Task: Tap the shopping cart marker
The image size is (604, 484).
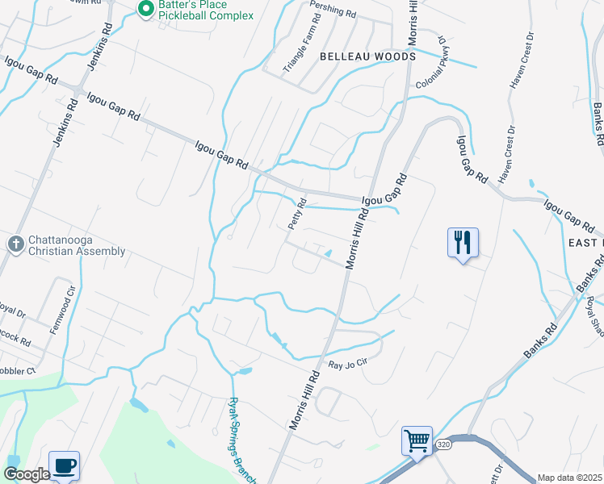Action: pos(417,441)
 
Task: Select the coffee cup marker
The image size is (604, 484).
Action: pos(64,465)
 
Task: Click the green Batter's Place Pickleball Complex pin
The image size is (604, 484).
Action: pos(146,10)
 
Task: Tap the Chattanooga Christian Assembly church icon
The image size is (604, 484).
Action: pos(15,244)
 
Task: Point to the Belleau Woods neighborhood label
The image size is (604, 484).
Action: pos(367,56)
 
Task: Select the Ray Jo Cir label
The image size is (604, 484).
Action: pos(348,365)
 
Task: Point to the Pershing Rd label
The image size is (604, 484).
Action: pos(333,10)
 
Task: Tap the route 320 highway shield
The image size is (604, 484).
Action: pos(443,444)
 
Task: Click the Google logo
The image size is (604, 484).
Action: pos(27,474)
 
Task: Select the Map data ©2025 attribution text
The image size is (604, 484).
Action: pos(568,478)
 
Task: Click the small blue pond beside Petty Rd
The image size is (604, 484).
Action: pos(327,255)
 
